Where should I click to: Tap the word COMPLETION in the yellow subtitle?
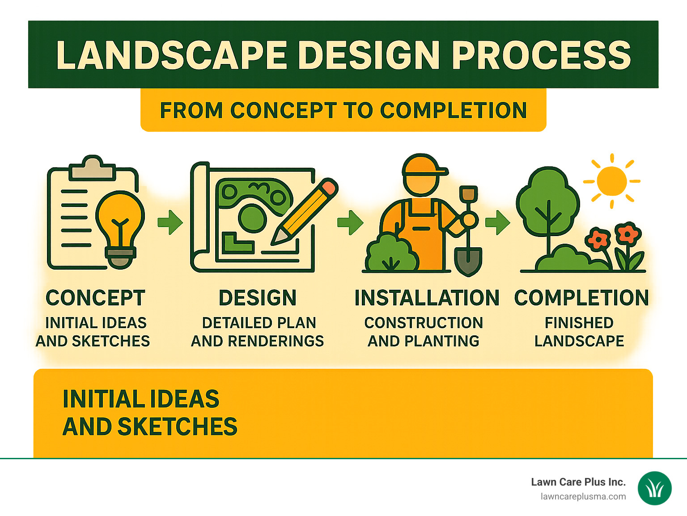click(x=453, y=110)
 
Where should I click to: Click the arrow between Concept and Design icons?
click(x=170, y=222)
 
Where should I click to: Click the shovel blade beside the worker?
click(x=468, y=262)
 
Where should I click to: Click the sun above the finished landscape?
click(x=611, y=181)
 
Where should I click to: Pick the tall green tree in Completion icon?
click(x=547, y=203)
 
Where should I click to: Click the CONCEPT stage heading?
click(x=95, y=298)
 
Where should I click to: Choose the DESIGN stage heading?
click(x=258, y=298)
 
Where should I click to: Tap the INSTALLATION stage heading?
click(x=427, y=298)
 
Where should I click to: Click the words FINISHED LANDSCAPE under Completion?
click(x=579, y=332)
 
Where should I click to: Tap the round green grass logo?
click(x=654, y=489)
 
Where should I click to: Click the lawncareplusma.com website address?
click(x=583, y=497)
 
